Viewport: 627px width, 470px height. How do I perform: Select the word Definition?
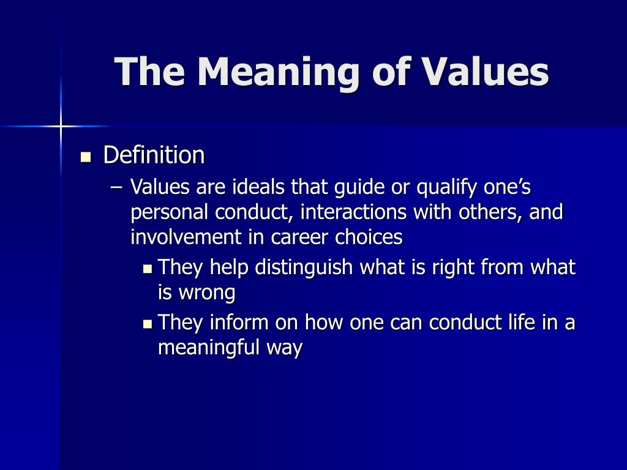tap(154, 155)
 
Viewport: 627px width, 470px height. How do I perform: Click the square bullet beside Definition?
tap(86, 157)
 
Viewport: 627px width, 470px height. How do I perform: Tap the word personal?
tap(170, 212)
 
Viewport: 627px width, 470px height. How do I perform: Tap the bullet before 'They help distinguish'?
tap(148, 268)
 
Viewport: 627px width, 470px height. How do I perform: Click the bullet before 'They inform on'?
tap(148, 323)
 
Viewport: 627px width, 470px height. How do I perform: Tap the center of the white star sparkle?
tap(61, 126)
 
